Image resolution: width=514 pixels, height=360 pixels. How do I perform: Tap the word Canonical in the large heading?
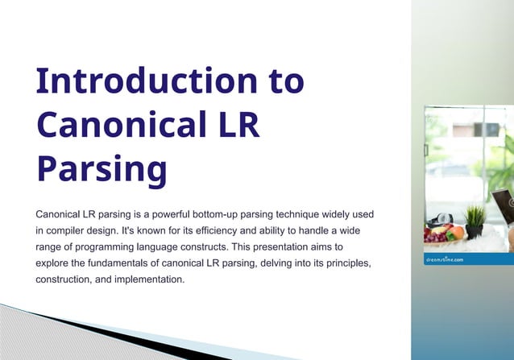[x=115, y=126]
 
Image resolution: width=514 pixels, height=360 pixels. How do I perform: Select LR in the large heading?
[x=233, y=126]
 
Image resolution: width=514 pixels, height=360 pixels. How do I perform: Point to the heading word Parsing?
[x=102, y=170]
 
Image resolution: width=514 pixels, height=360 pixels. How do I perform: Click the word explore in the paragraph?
[x=54, y=263]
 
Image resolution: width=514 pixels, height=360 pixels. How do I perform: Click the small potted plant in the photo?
[x=475, y=220]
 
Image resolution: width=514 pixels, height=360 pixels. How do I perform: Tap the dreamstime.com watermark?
[x=445, y=259]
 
